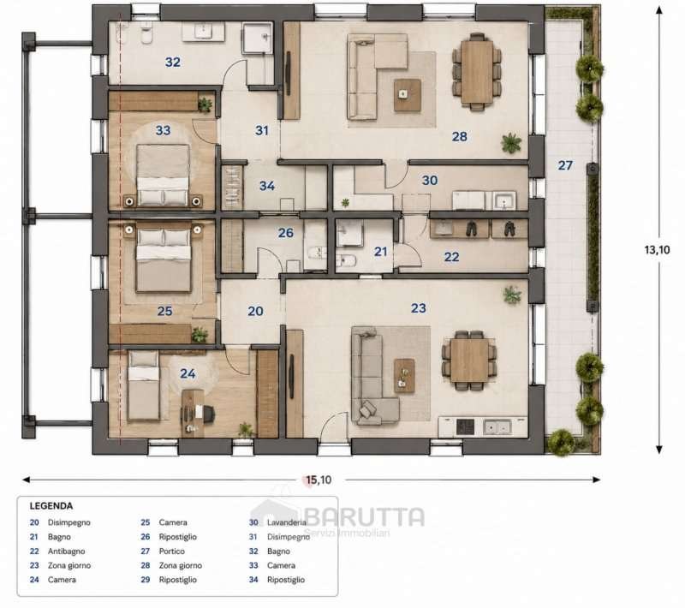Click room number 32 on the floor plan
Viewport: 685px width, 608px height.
tap(173, 62)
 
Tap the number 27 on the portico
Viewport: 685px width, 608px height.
tap(565, 165)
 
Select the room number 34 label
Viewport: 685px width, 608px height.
tap(267, 186)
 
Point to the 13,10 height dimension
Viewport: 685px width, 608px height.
tap(657, 250)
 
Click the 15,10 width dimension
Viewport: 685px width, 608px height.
tap(319, 480)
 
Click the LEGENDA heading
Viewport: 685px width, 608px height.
tap(51, 506)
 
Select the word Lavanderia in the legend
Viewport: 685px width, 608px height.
tap(287, 522)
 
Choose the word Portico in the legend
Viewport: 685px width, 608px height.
tap(172, 551)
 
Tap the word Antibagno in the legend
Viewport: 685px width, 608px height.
tap(67, 551)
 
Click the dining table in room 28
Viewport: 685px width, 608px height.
tap(477, 72)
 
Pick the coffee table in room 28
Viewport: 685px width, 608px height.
tap(408, 95)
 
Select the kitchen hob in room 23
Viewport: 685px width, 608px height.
tap(465, 426)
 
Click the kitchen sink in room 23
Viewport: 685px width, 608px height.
tap(497, 426)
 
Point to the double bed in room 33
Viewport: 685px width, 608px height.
tap(163, 175)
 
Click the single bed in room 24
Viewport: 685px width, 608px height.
tap(143, 386)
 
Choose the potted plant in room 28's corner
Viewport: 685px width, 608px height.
tap(511, 143)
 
